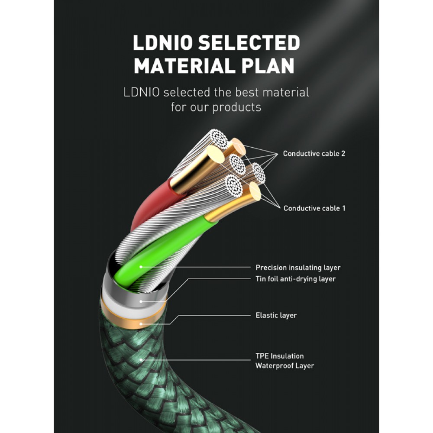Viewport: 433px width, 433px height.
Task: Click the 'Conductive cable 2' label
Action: point(314,154)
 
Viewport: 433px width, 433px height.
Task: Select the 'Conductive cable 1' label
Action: point(314,208)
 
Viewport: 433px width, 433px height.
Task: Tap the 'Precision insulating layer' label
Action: point(298,268)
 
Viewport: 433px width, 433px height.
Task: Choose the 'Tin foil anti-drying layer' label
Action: point(295,279)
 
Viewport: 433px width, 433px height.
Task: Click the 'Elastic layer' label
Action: point(276,315)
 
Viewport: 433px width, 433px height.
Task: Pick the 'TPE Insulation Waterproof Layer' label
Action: point(284,361)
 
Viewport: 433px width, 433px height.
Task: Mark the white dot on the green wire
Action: point(141,267)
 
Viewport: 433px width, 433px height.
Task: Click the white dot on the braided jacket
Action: point(142,359)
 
